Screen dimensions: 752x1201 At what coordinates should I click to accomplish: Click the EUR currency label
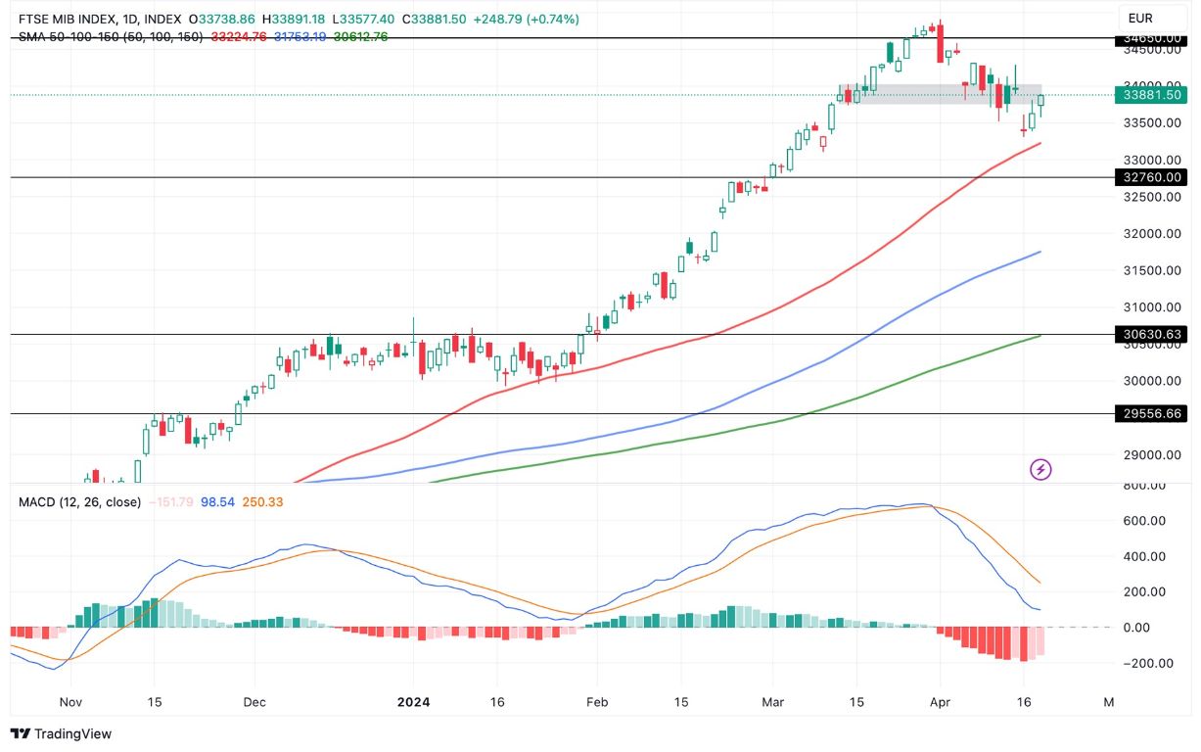(x=1140, y=18)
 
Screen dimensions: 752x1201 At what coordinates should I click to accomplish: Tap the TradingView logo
(x=61, y=733)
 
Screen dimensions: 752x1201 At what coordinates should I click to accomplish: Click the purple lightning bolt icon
(x=1040, y=470)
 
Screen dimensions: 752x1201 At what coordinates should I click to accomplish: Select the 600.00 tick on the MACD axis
(x=1145, y=521)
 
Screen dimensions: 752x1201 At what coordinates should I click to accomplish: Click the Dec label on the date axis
(x=254, y=702)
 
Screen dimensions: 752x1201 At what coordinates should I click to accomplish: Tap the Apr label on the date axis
(x=940, y=702)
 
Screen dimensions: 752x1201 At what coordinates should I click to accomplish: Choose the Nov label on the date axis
(x=69, y=702)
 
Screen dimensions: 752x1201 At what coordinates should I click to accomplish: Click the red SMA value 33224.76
(x=239, y=36)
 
